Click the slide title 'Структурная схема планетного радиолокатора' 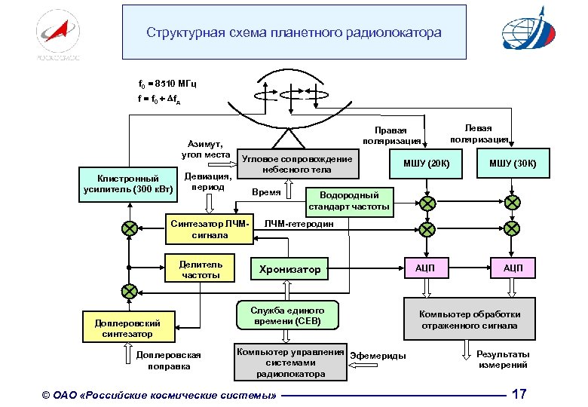coord(294,33)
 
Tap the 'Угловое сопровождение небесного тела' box coord(296,164)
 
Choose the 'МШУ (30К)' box coord(512,164)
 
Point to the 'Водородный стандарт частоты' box coord(349,199)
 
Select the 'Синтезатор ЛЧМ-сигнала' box coord(210,229)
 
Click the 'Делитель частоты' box coord(200,269)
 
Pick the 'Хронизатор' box coord(289,269)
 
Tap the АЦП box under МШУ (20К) coord(427,268)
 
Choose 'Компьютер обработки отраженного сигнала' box coord(469,320)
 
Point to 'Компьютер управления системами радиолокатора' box coord(290,363)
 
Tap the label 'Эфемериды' coord(378,356)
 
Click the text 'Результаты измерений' coord(503,360)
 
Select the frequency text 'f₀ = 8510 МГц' coord(168,83)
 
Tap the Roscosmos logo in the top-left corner coord(57,34)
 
